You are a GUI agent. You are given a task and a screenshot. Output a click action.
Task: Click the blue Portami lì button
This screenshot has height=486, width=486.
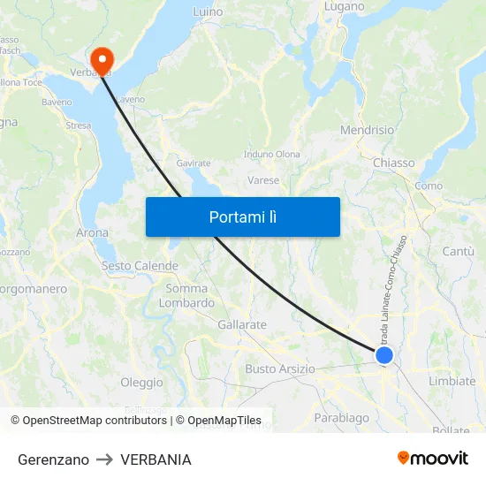pyautogui.click(x=242, y=216)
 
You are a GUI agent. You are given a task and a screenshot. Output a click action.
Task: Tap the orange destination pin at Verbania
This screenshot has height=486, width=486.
pyautogui.click(x=103, y=59)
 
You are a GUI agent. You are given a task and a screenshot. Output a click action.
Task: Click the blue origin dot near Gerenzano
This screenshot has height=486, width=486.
pyautogui.click(x=383, y=354)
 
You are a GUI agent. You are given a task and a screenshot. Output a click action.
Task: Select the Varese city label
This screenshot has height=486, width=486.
pyautogui.click(x=262, y=180)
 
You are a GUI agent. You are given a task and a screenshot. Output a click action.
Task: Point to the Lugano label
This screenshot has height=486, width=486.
pyautogui.click(x=344, y=6)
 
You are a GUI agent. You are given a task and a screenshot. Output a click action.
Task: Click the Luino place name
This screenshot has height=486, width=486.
pyautogui.click(x=209, y=12)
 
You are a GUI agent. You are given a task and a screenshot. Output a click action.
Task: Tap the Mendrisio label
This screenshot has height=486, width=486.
pyautogui.click(x=367, y=130)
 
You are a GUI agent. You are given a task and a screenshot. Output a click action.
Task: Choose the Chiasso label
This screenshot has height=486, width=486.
pyautogui.click(x=393, y=163)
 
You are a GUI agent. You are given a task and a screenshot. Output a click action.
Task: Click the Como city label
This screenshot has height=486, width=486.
pyautogui.click(x=429, y=186)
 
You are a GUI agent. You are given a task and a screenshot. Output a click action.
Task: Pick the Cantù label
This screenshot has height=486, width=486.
pyautogui.click(x=458, y=252)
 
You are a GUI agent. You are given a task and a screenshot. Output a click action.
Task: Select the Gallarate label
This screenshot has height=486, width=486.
pyautogui.click(x=242, y=324)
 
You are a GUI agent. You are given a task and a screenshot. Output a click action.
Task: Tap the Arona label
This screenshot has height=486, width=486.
pyautogui.click(x=93, y=233)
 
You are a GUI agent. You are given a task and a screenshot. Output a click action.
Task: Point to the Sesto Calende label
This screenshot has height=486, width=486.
pyautogui.click(x=140, y=266)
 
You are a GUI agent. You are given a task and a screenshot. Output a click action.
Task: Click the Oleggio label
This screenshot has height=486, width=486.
pyautogui.click(x=141, y=383)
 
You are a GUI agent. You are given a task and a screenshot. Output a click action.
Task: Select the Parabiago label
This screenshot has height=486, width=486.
pyautogui.click(x=341, y=417)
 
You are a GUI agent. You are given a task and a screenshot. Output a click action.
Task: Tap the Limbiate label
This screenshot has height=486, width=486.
pyautogui.click(x=452, y=381)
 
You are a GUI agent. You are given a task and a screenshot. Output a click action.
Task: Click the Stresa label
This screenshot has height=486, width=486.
pyautogui.click(x=78, y=125)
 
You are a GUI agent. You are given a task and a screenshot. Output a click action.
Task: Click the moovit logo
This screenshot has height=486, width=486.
pyautogui.click(x=432, y=459)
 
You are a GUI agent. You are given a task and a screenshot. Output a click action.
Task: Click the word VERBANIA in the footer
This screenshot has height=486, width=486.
pyautogui.click(x=156, y=459)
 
